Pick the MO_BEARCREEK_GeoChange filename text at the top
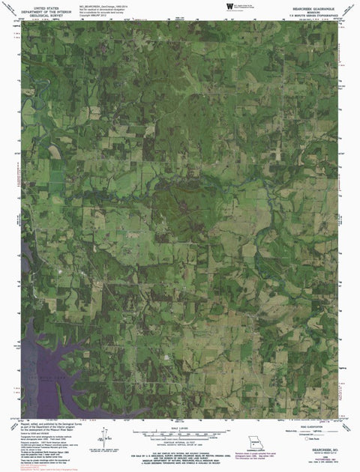coord(112,4)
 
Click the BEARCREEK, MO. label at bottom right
coord(319,450)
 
